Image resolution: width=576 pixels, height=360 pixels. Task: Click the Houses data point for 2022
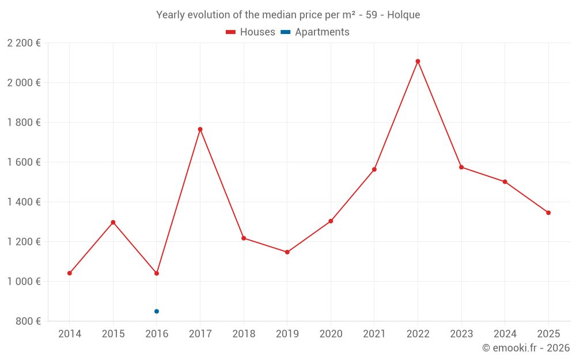point(418,61)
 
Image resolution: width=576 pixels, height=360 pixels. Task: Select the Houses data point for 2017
point(200,129)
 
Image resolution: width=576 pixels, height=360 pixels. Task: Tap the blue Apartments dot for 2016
point(157,311)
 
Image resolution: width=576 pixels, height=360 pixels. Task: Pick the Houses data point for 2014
point(70,273)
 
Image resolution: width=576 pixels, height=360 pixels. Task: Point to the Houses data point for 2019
point(287,252)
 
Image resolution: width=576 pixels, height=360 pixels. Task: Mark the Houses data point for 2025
point(548,213)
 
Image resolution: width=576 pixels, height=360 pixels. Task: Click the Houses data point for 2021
point(374,169)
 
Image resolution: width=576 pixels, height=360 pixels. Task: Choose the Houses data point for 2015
point(113,222)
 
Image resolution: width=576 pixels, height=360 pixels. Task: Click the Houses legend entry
point(257,32)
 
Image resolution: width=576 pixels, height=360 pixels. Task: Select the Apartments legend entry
point(322,32)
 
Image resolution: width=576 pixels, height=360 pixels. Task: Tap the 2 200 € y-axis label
point(24,43)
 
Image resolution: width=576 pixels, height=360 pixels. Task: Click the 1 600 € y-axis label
point(24,162)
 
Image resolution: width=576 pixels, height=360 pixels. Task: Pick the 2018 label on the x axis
point(244,334)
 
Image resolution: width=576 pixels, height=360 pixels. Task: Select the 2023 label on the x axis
point(461,334)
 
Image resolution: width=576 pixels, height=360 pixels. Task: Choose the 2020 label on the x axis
point(331,334)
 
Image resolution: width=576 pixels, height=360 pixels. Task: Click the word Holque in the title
point(404,15)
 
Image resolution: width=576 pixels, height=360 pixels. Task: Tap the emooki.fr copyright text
point(526,348)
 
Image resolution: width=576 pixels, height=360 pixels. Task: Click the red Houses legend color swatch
point(231,32)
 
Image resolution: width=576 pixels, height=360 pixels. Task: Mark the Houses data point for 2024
point(505,181)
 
